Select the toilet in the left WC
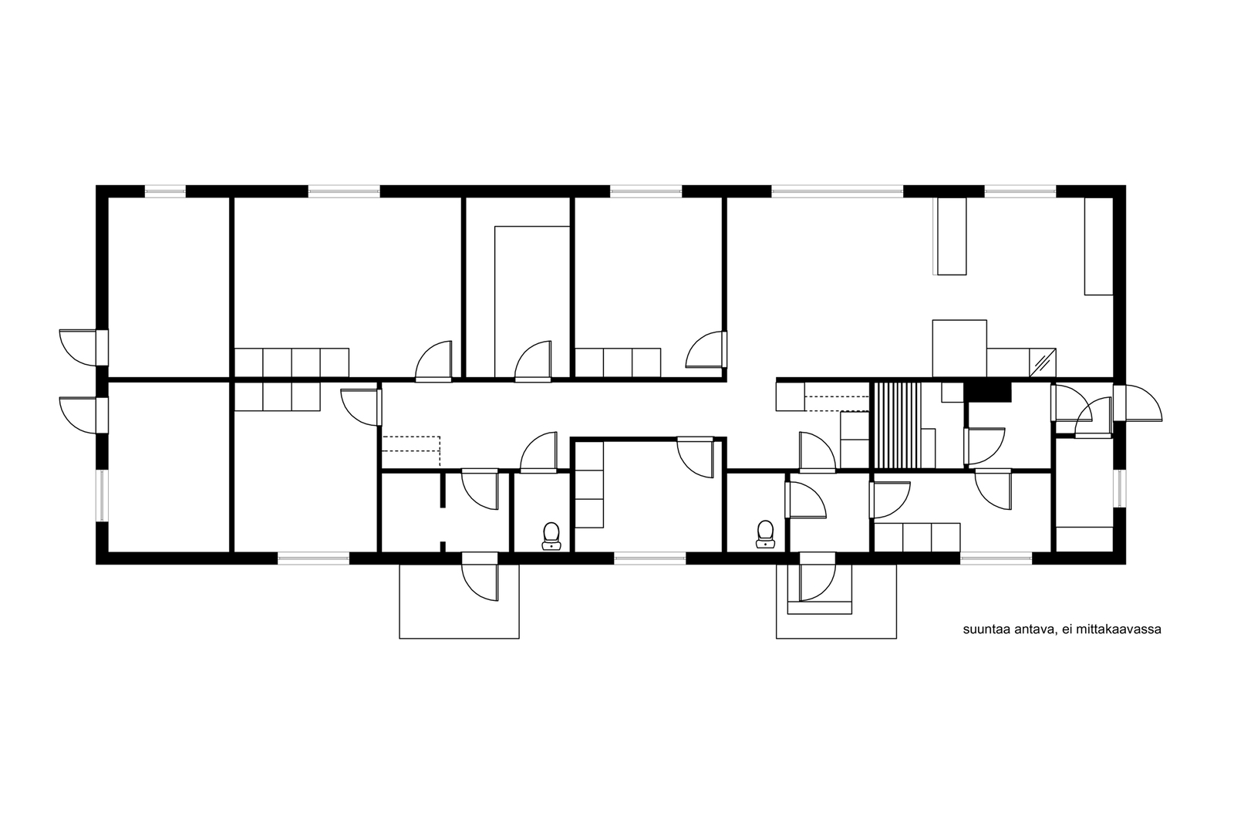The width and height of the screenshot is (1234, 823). [551, 536]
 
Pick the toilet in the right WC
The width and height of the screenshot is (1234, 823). [765, 535]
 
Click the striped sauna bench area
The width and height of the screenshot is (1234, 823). [896, 425]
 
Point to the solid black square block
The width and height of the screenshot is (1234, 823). [988, 392]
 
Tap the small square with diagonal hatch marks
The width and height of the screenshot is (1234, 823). [1042, 363]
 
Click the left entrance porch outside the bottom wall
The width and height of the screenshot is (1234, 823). [459, 601]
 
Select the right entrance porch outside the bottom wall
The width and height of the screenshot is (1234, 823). [836, 601]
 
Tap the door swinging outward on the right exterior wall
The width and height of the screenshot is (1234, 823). [1138, 403]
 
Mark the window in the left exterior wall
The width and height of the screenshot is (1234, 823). [103, 496]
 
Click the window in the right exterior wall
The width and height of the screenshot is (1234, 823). [1119, 488]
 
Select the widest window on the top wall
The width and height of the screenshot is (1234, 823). [838, 191]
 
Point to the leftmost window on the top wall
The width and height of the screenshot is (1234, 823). [165, 191]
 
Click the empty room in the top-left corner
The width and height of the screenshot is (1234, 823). [168, 287]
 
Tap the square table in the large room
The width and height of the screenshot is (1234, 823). [959, 348]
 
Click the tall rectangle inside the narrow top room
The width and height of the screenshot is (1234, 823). [532, 302]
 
